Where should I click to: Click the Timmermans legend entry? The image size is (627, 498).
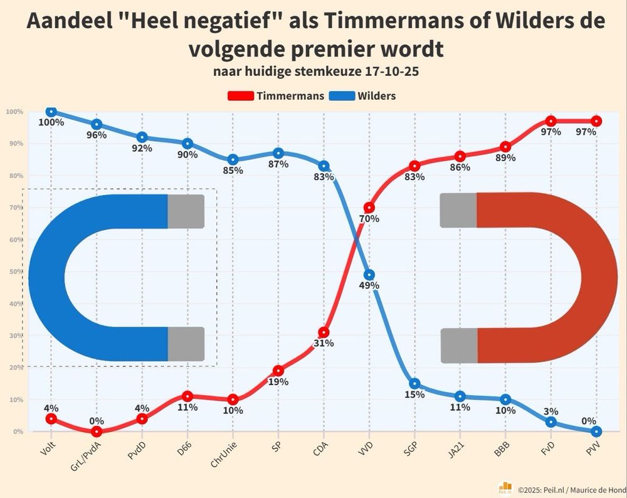(x=275, y=96)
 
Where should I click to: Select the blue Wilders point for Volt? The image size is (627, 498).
(x=51, y=112)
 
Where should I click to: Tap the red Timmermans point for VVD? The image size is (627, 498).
(x=369, y=208)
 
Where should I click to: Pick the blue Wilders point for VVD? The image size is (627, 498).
(x=369, y=275)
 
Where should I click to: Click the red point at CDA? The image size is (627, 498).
(x=324, y=332)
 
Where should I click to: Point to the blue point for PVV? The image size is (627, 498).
(x=596, y=432)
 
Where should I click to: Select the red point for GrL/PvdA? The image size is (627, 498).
(x=97, y=432)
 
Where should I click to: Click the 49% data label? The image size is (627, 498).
(x=369, y=286)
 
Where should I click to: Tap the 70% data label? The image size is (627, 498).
(x=369, y=219)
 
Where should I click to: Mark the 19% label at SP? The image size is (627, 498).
(x=278, y=381)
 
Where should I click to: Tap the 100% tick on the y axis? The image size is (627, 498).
(x=14, y=112)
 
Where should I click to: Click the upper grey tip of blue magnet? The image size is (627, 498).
(x=186, y=211)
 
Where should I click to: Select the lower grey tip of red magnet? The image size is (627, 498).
(x=458, y=345)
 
